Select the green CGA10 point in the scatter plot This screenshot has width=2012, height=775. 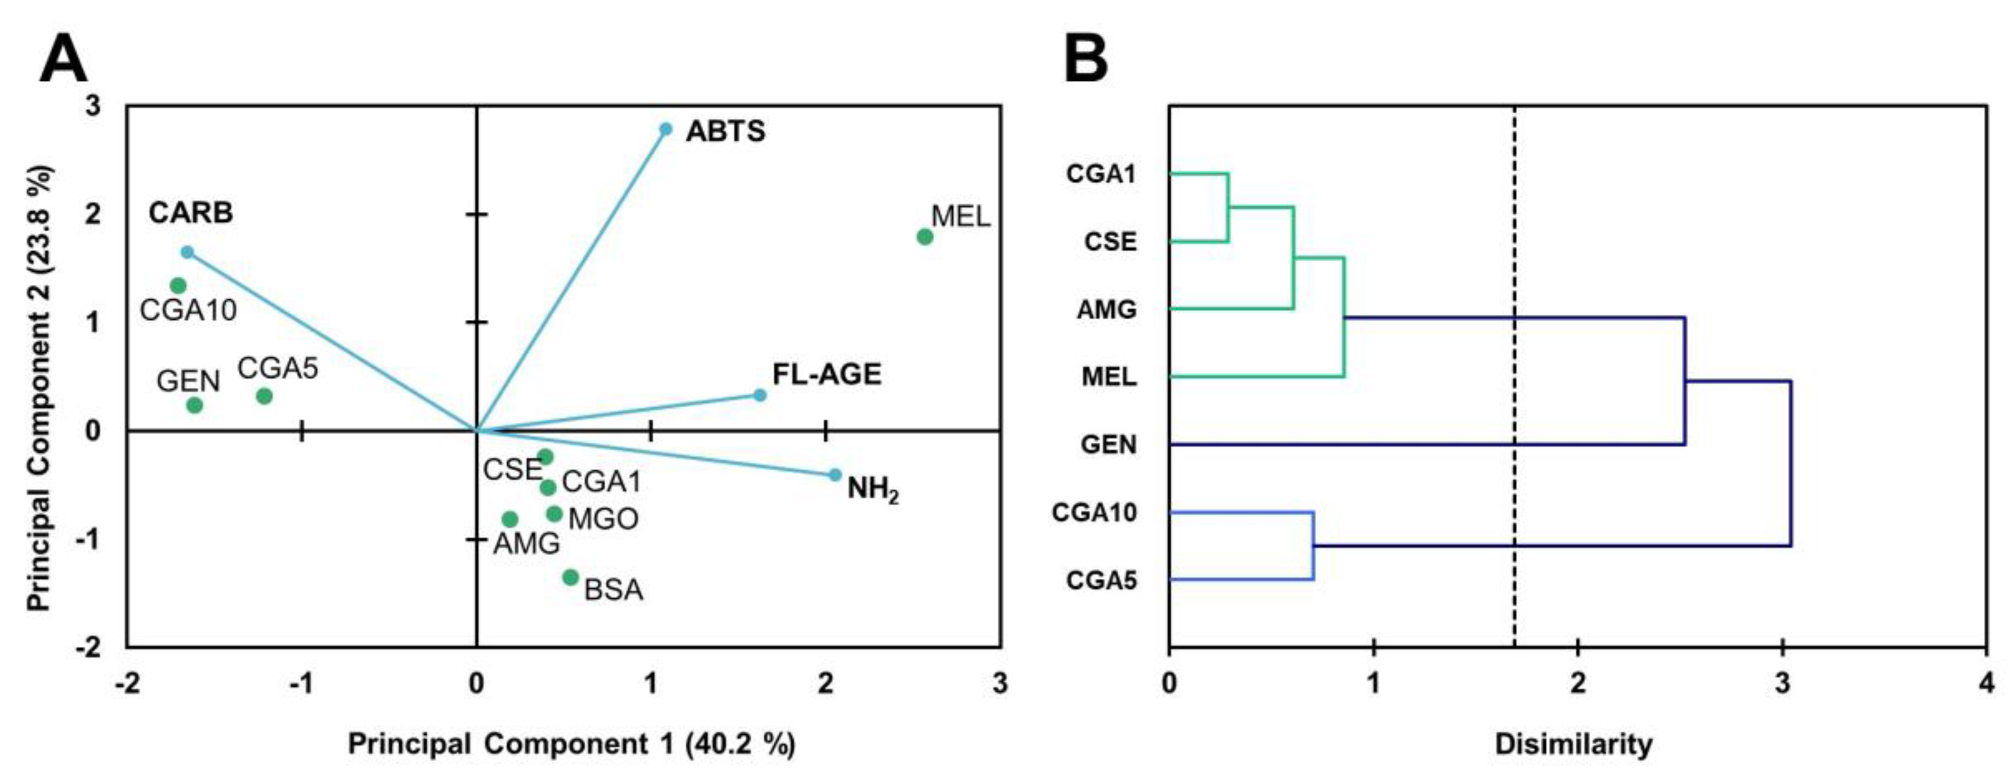(x=178, y=285)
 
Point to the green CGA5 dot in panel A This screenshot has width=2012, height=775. (x=264, y=396)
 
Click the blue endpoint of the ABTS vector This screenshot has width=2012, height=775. (x=665, y=129)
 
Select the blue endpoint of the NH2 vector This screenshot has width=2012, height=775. (x=834, y=475)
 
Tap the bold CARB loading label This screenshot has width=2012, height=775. (x=190, y=212)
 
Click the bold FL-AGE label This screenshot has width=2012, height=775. (x=826, y=375)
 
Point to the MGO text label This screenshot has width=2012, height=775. (x=603, y=519)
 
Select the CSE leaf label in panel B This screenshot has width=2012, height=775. (x=1110, y=242)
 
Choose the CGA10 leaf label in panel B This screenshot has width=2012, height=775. (x=1094, y=513)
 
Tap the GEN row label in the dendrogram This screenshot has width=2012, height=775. (x=1108, y=445)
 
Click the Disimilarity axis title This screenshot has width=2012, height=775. (x=1573, y=744)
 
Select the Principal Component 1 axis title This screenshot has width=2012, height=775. (x=571, y=744)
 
